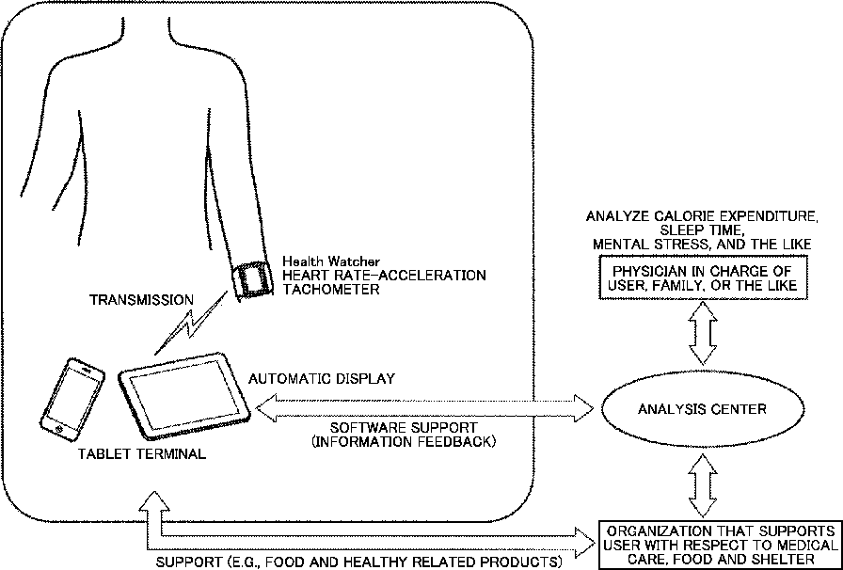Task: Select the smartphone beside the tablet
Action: tap(72, 399)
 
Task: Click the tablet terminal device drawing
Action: tap(184, 395)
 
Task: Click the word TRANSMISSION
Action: tap(141, 300)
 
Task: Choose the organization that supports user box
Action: tap(718, 545)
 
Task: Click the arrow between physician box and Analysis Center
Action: tap(703, 333)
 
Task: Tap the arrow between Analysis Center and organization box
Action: tap(703, 486)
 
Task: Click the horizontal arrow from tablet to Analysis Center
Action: tap(424, 408)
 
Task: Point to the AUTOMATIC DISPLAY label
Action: tap(322, 378)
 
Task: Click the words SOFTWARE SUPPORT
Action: tap(404, 428)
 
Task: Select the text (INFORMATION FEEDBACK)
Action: tap(404, 443)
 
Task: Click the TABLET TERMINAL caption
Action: tap(142, 454)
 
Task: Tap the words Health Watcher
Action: tap(331, 261)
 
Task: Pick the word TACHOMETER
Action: tap(331, 290)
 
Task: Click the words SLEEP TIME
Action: tap(702, 230)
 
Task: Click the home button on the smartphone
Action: tap(58, 429)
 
